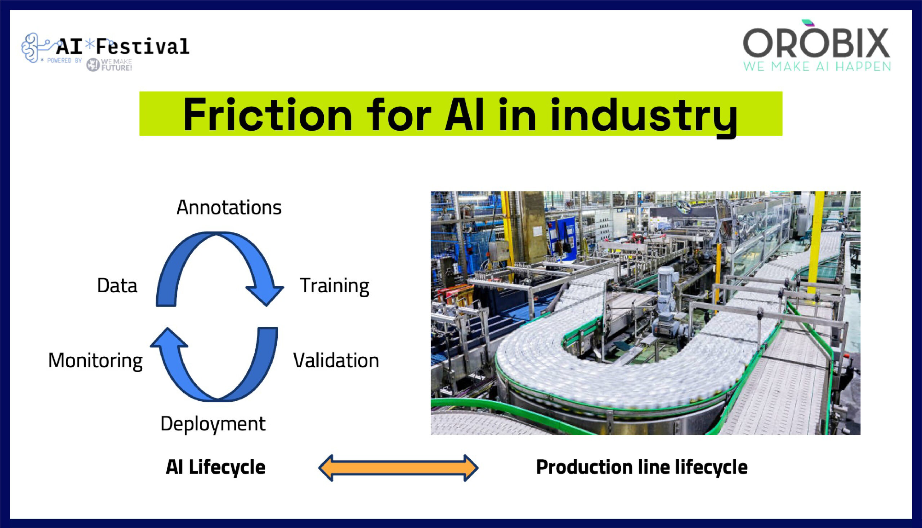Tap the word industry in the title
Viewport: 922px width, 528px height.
[x=644, y=115]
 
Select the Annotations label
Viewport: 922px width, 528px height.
[x=229, y=208]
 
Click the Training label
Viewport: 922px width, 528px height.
[x=334, y=286]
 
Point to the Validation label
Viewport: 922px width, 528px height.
[x=336, y=361]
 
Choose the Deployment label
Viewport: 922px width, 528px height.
[x=213, y=424]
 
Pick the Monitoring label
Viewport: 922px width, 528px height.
[x=95, y=361]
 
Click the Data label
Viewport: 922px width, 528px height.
[x=117, y=286]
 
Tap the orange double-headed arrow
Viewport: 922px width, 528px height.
[x=398, y=468]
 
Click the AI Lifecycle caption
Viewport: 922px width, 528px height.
[x=215, y=467]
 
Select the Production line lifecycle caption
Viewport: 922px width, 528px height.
[x=641, y=467]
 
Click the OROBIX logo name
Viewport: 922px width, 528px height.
[x=816, y=43]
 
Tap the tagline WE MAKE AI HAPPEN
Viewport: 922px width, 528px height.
[x=817, y=67]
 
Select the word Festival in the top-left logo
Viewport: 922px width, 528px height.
[x=142, y=46]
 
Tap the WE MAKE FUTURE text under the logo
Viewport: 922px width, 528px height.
[x=116, y=65]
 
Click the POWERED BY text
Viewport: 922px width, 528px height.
[x=64, y=60]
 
